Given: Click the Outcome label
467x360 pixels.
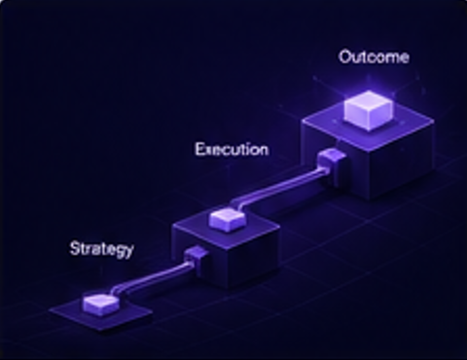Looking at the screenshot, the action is tap(374, 57).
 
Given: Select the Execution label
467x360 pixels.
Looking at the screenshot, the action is tap(232, 150).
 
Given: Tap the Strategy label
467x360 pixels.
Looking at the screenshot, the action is tap(101, 249).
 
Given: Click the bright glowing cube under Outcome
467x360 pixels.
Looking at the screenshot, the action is tap(369, 110).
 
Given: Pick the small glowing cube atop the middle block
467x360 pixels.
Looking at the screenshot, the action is tap(227, 220).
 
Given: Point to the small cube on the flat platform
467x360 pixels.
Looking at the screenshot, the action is tap(100, 305).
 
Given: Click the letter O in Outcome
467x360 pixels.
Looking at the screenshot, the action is tap(345, 57).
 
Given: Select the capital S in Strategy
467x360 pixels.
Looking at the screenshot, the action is tap(75, 248).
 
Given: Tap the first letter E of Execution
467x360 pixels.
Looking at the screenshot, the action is tap(200, 150).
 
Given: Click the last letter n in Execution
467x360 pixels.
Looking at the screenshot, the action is tap(264, 151).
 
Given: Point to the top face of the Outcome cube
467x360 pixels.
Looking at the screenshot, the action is tap(369, 101).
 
